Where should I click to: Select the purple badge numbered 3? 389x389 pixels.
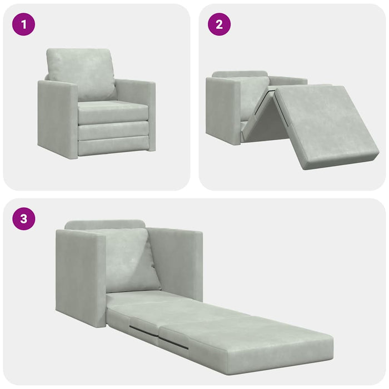(23, 218)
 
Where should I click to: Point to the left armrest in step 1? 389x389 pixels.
(57, 119)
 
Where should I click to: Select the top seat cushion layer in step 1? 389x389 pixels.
(113, 112)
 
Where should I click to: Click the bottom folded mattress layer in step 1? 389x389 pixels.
(113, 145)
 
